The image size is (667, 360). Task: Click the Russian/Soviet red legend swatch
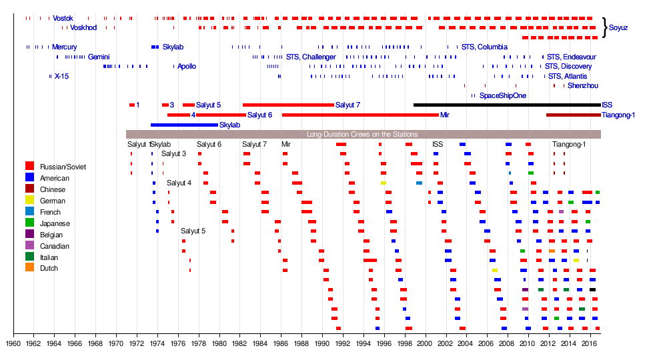pos(29,167)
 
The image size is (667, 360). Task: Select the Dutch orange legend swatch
pos(29,268)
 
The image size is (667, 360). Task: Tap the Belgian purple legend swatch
pos(29,234)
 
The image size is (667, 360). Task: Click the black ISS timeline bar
pos(507,105)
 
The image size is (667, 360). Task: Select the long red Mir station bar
pos(360,115)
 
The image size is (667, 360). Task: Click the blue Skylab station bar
pos(184,125)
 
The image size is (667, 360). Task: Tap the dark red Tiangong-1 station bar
pos(573,115)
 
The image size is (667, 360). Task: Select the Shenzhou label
pos(582,86)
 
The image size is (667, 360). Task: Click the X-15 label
pos(61,77)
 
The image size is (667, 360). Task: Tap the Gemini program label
pos(99,57)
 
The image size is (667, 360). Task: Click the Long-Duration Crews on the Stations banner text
pos(362,134)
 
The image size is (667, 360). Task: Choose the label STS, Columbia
pos(485,47)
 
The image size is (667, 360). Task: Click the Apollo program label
pos(187,67)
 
